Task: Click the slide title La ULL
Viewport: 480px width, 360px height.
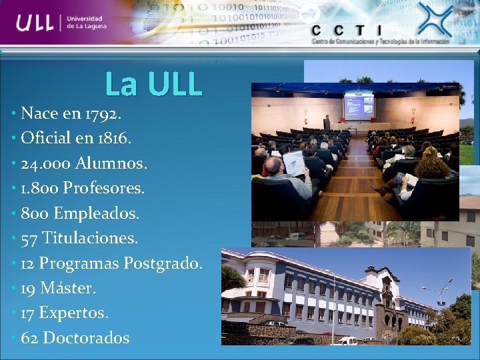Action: tap(153, 84)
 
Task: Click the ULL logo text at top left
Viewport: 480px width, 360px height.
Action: tap(37, 24)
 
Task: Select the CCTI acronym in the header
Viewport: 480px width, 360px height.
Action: tap(347, 30)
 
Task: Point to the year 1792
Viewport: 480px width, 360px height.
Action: tap(103, 113)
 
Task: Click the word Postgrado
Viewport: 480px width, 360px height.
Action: tap(163, 263)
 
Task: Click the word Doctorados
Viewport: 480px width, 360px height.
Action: tap(86, 338)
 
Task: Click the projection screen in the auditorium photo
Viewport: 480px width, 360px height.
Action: tap(358, 106)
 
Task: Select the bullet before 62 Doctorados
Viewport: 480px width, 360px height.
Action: tap(14, 338)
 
